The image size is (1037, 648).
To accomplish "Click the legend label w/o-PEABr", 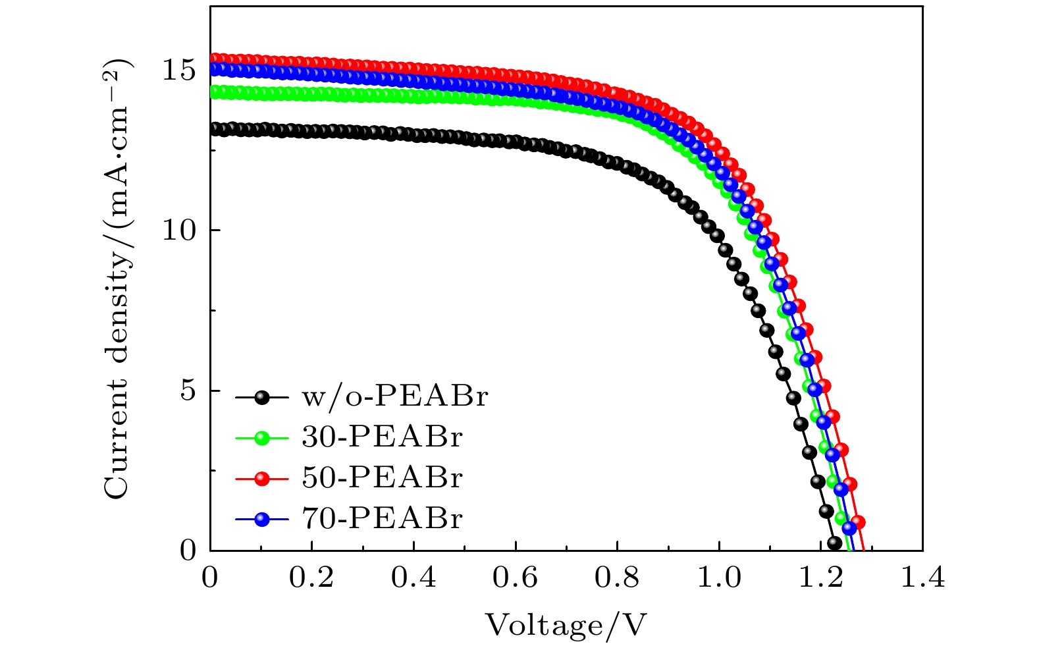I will (395, 396).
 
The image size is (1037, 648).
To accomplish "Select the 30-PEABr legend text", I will (383, 437).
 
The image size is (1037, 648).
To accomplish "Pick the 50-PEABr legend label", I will (383, 478).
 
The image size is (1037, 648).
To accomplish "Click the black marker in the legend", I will (262, 397).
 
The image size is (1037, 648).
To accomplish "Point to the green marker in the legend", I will (262, 438).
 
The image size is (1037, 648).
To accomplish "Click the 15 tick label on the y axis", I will (179, 70).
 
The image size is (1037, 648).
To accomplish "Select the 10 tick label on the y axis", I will (179, 230).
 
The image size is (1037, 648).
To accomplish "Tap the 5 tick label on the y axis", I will (188, 391).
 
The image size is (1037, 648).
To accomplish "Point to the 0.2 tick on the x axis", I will (311, 579).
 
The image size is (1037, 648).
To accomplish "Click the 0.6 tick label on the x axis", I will (515, 579).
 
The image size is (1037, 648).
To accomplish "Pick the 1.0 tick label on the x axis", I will (719, 579).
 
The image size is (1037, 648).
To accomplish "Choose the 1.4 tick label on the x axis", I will (922, 579).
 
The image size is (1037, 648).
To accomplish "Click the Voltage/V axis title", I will (566, 624).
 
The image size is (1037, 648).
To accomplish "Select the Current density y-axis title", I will (119, 279).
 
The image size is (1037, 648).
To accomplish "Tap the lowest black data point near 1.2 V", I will (834, 543).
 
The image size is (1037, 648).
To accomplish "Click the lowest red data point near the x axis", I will (858, 522).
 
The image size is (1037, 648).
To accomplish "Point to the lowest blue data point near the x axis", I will (849, 527).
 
